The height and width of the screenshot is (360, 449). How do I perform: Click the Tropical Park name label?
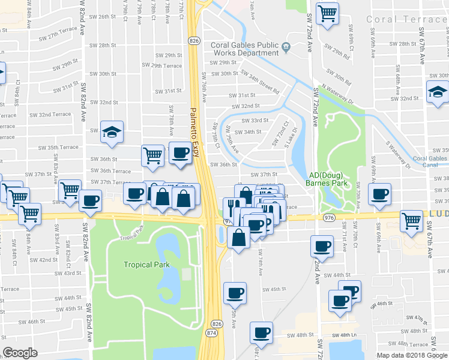146,264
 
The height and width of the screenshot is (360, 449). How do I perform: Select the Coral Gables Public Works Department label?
244,49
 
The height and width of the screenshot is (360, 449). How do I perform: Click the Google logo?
20,353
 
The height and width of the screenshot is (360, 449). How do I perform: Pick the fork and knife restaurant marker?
231,208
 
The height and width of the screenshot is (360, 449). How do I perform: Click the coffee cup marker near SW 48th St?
261,332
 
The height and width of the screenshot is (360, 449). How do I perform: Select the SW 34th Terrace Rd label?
260,82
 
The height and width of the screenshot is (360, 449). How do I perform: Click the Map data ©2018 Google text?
412,355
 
